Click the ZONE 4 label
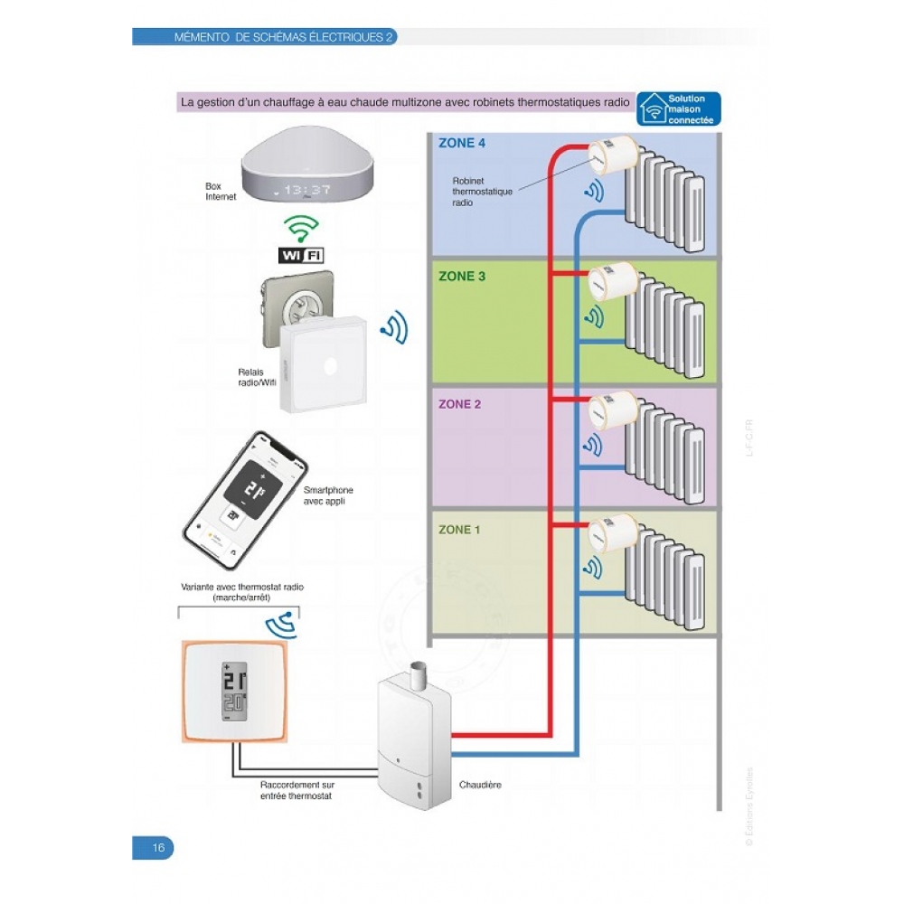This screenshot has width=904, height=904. [x=461, y=143]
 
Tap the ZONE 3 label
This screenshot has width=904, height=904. [x=461, y=277]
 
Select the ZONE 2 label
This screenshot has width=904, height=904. [x=461, y=404]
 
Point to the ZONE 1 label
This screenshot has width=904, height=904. [x=461, y=530]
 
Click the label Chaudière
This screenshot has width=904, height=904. [x=480, y=786]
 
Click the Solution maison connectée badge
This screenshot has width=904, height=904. [x=679, y=108]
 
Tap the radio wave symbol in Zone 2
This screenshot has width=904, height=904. [x=594, y=445]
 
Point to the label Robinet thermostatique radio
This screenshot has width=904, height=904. [x=482, y=192]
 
